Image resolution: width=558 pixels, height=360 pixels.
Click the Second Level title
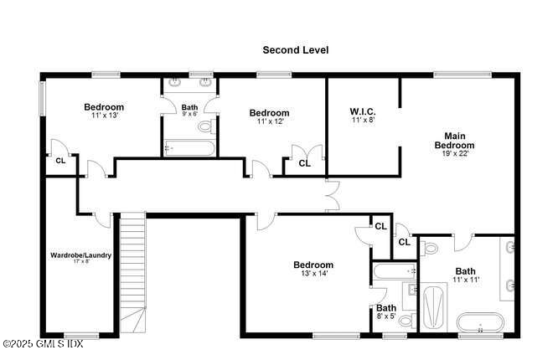[295, 50]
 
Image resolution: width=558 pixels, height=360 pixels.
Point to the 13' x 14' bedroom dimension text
[313, 274]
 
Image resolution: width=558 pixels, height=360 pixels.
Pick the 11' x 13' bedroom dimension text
[105, 116]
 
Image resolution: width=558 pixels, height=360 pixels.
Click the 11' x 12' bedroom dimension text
[270, 121]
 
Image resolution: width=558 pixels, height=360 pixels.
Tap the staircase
[132, 268]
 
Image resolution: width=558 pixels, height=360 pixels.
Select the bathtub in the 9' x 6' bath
[188, 148]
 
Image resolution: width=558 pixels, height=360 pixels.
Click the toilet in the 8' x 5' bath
[406, 320]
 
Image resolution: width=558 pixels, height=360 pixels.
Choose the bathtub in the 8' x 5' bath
[395, 271]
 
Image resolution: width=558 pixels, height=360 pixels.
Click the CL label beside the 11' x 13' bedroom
[60, 160]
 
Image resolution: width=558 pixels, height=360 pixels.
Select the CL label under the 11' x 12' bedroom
[304, 164]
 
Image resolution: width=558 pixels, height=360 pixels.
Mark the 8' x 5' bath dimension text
[386, 317]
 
